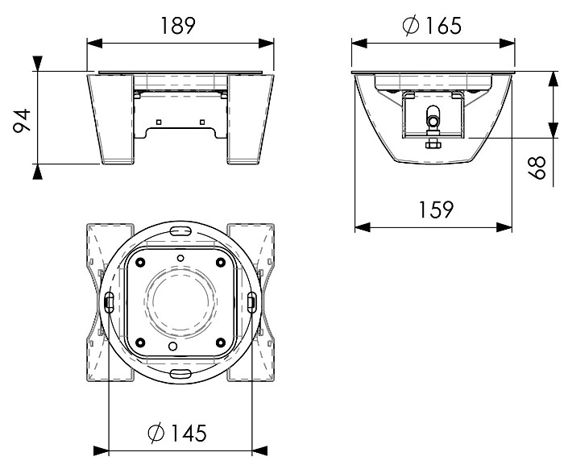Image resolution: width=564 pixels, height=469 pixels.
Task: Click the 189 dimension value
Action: pos(178,25)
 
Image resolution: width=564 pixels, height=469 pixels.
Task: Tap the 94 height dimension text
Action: pos(23,121)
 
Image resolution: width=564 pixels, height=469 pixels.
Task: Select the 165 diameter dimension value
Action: pos(443,25)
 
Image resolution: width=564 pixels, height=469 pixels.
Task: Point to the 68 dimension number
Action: pos(537,168)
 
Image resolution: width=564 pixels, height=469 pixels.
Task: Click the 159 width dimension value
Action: pos(437,210)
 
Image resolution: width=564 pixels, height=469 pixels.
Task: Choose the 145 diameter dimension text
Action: pos(189,433)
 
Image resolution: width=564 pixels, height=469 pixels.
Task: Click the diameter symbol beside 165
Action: pos(411,25)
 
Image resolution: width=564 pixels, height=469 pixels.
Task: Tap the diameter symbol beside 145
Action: pos(156,433)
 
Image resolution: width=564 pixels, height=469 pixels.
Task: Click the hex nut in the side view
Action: pos(433,144)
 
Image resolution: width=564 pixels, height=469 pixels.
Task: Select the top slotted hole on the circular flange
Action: pos(180,231)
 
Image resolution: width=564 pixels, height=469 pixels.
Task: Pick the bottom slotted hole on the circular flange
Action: pos(180,373)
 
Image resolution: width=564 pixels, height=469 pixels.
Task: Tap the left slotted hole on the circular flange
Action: pos(109,301)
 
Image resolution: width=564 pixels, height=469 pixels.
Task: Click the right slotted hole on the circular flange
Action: pos(252,301)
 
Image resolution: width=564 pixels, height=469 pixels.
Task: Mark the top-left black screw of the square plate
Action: pos(140,263)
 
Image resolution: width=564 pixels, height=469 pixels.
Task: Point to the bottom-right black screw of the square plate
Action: pos(221,342)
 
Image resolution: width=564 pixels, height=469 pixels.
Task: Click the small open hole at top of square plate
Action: pos(181,258)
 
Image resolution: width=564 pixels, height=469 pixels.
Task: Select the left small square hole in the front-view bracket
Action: pos(159,122)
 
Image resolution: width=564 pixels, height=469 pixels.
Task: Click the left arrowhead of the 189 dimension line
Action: pos(94,44)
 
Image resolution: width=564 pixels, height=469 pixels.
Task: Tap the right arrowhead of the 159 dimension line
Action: pos(504,227)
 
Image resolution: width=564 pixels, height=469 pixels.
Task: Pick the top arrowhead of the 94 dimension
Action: pos(37,64)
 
